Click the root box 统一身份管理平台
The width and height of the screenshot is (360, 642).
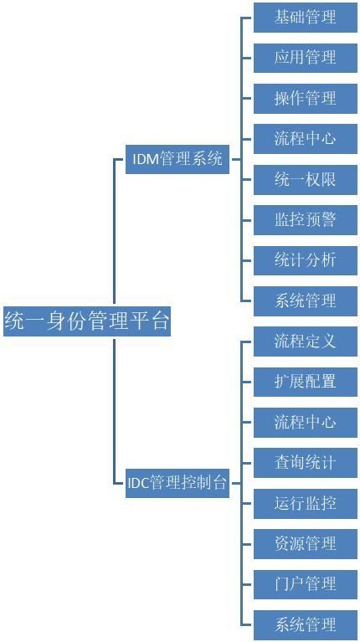(87, 321)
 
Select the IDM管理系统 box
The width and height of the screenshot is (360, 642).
(177, 159)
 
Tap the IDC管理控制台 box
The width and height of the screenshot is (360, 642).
(177, 483)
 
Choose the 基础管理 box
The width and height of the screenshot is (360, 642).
(306, 18)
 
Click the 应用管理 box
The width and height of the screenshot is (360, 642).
(306, 58)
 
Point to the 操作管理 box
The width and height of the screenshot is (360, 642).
(306, 98)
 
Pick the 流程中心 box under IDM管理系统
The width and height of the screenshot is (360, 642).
(306, 139)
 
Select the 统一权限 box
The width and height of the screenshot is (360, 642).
(306, 179)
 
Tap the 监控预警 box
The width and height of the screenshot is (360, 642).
(306, 220)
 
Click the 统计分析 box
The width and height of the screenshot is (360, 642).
(306, 260)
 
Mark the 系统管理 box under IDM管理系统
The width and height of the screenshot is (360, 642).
(306, 301)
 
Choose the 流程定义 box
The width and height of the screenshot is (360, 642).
(306, 342)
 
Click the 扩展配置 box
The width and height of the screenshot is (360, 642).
(306, 382)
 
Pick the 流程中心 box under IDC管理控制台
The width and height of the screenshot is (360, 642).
(306, 423)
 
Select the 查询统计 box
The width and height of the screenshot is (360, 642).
(306, 463)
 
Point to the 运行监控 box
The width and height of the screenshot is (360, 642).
(306, 504)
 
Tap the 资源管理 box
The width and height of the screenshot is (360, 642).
(306, 544)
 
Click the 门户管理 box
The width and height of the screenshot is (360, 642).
(306, 584)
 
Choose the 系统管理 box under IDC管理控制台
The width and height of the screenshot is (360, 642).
(306, 624)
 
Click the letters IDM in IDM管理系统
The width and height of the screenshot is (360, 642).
(146, 159)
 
